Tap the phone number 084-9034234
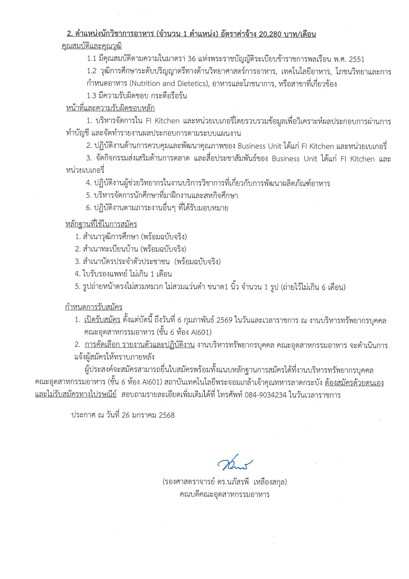[265, 395]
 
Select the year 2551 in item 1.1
[356, 59]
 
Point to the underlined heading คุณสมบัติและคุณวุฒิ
[92, 46]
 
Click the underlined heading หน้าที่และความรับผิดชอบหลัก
[110, 108]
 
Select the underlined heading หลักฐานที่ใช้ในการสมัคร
[101, 224]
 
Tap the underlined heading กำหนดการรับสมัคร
[94, 307]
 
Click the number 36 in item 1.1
[192, 59]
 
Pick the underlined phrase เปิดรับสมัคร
[102, 320]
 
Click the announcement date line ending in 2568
[123, 415]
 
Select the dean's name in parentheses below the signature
[225, 482]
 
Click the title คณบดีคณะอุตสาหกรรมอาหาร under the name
[225, 495]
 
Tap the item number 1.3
[92, 96]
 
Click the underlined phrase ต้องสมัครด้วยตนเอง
[354, 383]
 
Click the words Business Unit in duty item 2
[259, 146]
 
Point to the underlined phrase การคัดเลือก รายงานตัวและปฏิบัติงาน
[140, 345]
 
